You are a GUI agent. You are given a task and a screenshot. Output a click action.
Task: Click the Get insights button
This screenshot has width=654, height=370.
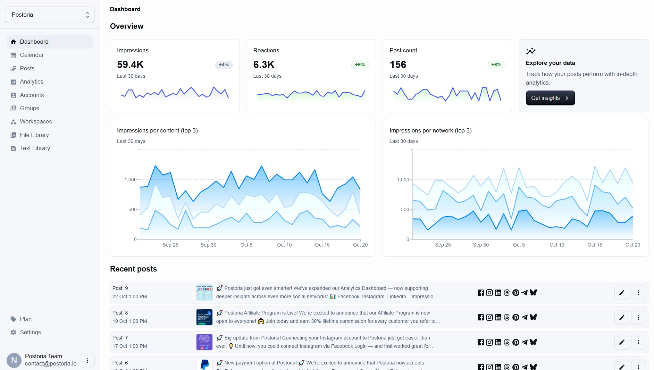550,98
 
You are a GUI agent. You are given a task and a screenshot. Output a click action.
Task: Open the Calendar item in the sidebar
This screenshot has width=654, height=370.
32,55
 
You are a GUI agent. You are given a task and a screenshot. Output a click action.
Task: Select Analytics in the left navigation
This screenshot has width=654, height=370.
31,81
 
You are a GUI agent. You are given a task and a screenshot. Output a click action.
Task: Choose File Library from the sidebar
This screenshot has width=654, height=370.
34,135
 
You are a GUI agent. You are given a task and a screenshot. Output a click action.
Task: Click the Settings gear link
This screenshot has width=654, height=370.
30,332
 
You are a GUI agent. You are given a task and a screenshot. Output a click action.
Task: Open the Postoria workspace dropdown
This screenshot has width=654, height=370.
50,15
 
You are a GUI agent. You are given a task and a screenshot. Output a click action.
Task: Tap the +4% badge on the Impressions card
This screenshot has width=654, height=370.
224,64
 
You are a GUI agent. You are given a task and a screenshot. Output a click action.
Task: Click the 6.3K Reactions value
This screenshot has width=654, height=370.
264,64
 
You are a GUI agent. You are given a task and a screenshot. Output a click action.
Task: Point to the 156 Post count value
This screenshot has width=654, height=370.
398,64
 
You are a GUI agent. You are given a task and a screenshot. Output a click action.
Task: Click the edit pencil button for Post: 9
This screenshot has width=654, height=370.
622,293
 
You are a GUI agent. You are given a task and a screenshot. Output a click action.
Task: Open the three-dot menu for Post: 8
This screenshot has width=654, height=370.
638,317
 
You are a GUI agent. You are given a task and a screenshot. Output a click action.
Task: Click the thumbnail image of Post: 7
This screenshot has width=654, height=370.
204,342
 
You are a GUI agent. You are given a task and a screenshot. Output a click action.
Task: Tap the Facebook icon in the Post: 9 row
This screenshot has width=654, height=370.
480,293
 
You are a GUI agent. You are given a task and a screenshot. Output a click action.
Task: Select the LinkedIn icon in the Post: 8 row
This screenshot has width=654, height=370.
498,317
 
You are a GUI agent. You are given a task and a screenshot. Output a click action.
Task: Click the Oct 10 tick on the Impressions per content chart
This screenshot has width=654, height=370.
284,245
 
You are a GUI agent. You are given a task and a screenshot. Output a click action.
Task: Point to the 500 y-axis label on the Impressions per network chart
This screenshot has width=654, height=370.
405,209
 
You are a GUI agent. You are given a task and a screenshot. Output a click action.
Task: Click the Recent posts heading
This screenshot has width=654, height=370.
133,269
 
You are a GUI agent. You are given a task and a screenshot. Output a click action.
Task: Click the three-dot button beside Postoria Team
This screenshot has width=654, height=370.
87,361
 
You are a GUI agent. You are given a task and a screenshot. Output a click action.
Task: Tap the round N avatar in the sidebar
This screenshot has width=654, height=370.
14,360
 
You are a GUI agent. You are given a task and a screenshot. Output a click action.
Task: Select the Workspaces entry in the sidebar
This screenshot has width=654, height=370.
36,121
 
